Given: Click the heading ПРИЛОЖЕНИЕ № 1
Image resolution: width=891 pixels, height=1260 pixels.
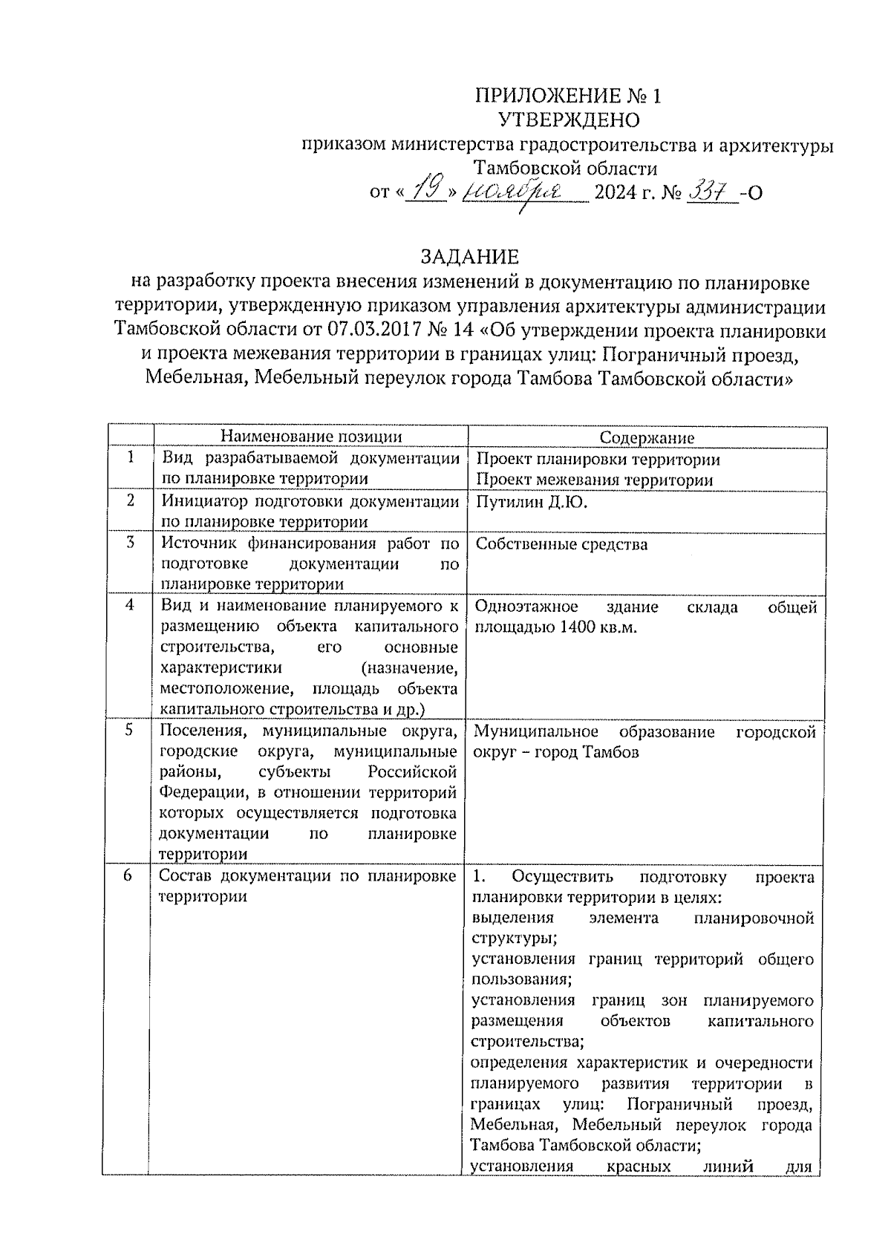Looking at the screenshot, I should pyautogui.click(x=567, y=96).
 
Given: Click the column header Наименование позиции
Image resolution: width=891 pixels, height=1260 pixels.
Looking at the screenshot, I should pyautogui.click(x=311, y=437).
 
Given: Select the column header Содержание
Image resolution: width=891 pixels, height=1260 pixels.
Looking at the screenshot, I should pyautogui.click(x=647, y=438).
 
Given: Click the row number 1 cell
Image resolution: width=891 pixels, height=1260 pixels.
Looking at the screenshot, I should pyautogui.click(x=131, y=458).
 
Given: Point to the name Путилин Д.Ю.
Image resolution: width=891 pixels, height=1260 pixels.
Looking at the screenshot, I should pyautogui.click(x=531, y=503).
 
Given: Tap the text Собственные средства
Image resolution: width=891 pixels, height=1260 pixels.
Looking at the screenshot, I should pyautogui.click(x=561, y=544).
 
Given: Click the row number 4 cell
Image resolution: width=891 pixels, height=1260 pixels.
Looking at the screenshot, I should pyautogui.click(x=130, y=605).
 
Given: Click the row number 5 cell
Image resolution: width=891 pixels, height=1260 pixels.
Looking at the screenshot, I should pyautogui.click(x=129, y=730).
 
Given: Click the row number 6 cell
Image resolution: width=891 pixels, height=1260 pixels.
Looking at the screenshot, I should pyautogui.click(x=128, y=876).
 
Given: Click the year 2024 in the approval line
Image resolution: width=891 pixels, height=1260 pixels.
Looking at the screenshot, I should pyautogui.click(x=616, y=193).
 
